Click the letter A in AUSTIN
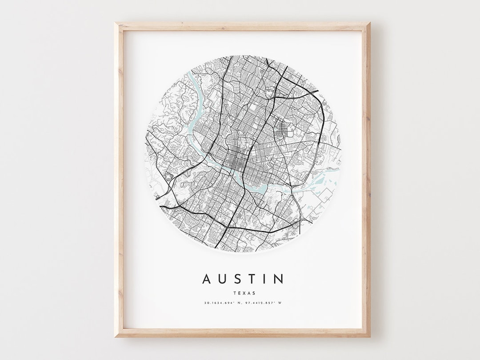pyautogui.click(x=208, y=279)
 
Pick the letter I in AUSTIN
pyautogui.click(x=266, y=279)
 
